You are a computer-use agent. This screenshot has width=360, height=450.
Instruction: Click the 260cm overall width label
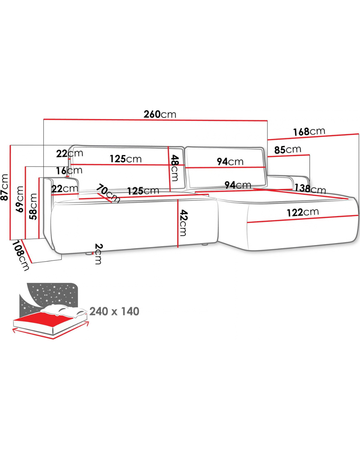160,114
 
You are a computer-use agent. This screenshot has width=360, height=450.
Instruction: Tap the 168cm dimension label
309,132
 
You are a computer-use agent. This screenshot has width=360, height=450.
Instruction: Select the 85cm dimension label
288,150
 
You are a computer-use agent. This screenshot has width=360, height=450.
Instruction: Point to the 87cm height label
5,187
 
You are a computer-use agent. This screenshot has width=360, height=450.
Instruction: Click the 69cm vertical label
20,199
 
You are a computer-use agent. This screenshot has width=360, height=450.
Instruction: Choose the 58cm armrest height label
33,207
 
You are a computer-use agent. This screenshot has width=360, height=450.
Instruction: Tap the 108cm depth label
21,256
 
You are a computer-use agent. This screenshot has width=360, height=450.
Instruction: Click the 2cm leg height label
98,254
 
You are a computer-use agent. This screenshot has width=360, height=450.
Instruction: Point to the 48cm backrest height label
174,168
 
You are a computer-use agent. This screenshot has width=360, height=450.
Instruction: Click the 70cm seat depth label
108,193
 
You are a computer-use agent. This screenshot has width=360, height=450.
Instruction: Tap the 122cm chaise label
303,212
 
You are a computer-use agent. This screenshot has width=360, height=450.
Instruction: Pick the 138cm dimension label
310,189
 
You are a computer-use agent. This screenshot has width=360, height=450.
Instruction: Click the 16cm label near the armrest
69,171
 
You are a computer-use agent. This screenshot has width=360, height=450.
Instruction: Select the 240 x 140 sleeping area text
114,311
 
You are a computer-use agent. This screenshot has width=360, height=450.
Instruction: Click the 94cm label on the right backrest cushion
230,162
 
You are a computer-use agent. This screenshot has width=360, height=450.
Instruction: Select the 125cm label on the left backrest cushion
126,159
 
